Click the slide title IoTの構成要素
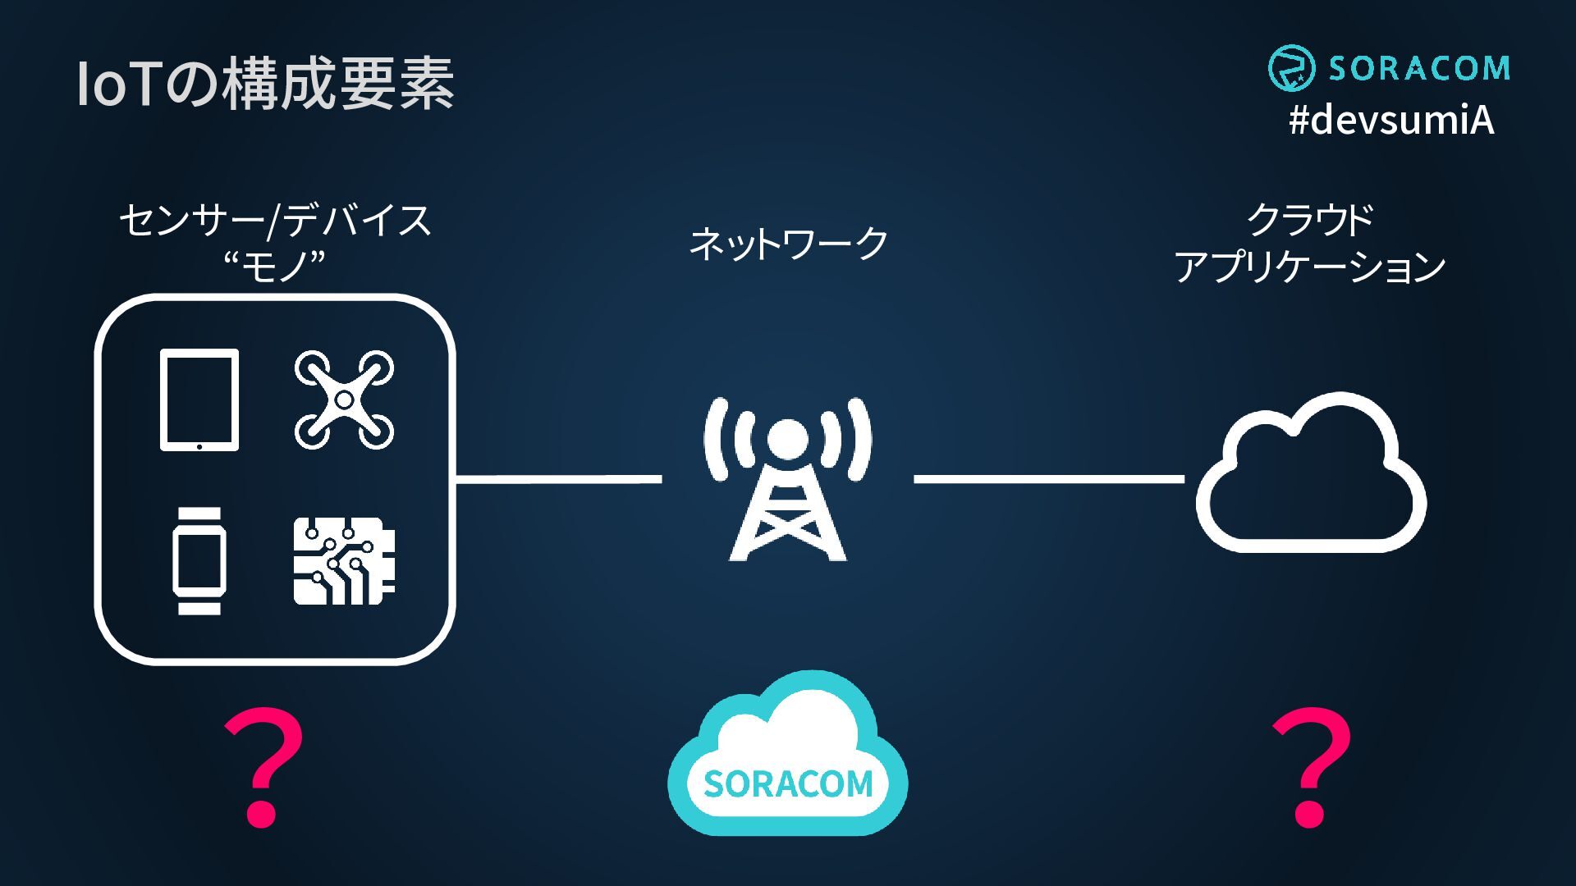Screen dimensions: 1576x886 click(x=265, y=84)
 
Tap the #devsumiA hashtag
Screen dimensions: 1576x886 click(x=1391, y=121)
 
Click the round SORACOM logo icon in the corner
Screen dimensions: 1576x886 click(x=1292, y=68)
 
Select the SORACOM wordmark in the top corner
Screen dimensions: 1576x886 click(x=1419, y=68)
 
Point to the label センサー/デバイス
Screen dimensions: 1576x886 click(x=275, y=220)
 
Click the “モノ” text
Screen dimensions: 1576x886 click(x=275, y=266)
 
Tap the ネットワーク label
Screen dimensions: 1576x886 click(x=788, y=243)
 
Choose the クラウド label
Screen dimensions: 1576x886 click(x=1310, y=219)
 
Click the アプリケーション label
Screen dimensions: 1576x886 click(x=1310, y=267)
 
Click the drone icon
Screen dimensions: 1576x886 click(x=344, y=400)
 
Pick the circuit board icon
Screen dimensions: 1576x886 click(x=344, y=561)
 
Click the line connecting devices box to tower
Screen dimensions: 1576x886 click(x=558, y=479)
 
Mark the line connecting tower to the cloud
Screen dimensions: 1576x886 click(x=1049, y=479)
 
